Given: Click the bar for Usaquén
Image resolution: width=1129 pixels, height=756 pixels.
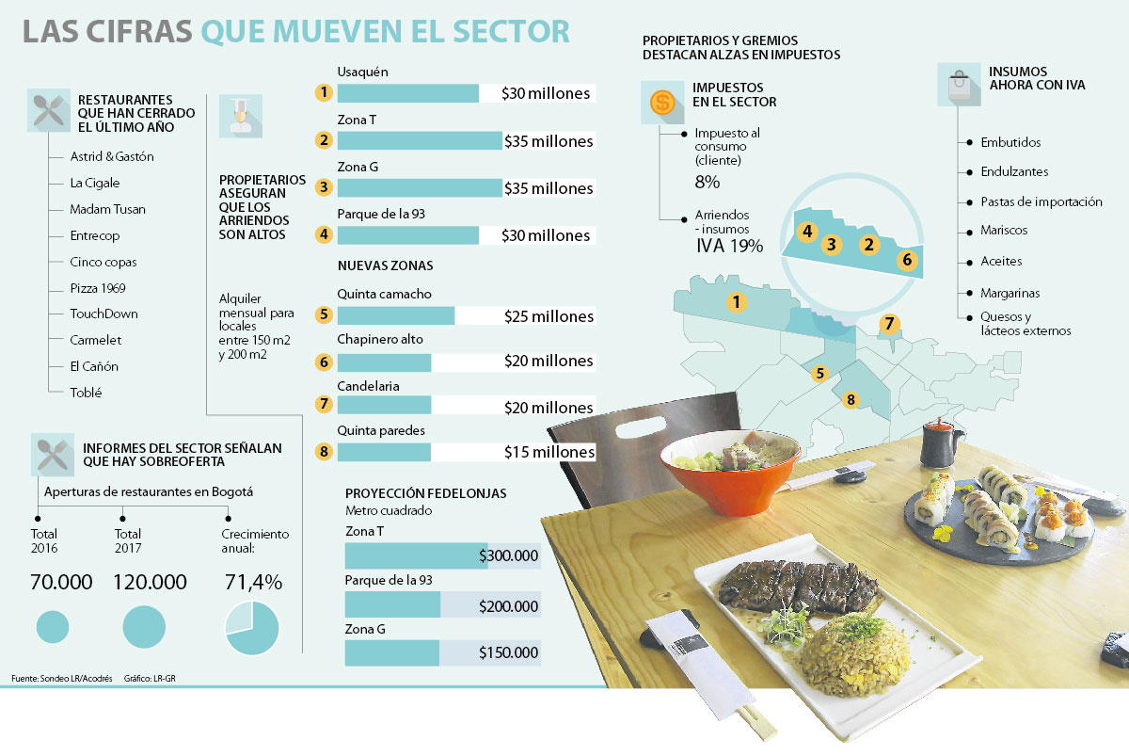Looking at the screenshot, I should [x=407, y=93].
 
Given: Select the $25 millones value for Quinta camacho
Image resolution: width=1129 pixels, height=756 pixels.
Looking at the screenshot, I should [x=549, y=316].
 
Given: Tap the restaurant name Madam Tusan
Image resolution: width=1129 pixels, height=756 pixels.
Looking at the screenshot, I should [x=107, y=209].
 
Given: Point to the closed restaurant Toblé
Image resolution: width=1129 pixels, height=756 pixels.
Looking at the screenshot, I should [x=85, y=393].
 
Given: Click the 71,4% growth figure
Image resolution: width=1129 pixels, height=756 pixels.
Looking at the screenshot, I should [x=252, y=583].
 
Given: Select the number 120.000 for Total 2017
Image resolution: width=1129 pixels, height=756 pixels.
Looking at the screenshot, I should [x=150, y=583].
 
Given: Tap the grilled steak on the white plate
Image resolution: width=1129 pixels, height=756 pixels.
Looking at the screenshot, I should [x=799, y=585].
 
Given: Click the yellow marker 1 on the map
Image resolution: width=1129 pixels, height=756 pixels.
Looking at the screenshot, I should [x=737, y=302].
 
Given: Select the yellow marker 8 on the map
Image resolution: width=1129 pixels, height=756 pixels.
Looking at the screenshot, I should [x=851, y=400].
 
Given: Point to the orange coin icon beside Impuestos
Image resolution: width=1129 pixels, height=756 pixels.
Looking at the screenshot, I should [x=662, y=101].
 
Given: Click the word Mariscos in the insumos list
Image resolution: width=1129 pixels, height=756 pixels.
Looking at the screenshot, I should [x=1004, y=231].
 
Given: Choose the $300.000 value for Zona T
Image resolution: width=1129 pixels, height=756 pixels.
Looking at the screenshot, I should [x=508, y=556].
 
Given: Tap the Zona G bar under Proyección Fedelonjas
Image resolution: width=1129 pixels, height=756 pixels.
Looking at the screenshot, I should [x=392, y=653].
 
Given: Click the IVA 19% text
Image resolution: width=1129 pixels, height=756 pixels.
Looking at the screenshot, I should [x=728, y=246].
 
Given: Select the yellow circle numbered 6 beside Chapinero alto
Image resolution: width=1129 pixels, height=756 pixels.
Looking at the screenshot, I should [x=325, y=362].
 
